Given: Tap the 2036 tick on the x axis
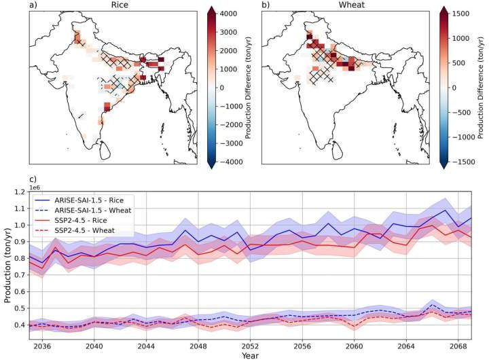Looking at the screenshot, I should click(x=42, y=344).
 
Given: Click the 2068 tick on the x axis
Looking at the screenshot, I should click(x=459, y=344).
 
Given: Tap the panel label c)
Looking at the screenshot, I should click(x=33, y=179).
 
